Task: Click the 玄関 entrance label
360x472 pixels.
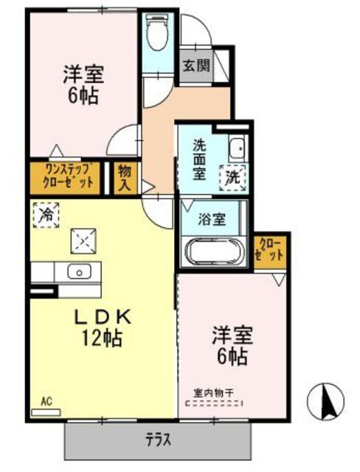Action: (x=195, y=65)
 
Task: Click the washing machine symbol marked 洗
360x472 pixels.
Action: (x=233, y=176)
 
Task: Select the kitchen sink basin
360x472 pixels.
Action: (x=78, y=271)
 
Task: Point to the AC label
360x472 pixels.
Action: (x=46, y=401)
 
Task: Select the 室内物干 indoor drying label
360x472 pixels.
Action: (x=214, y=394)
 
